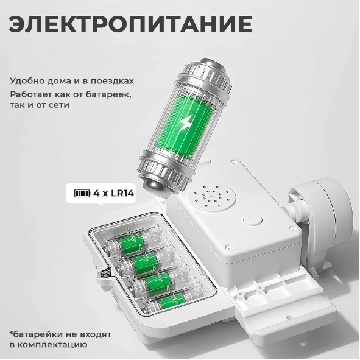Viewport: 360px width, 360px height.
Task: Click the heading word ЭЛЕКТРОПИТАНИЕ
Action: [130, 24]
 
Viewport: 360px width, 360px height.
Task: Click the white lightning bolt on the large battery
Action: [186, 122]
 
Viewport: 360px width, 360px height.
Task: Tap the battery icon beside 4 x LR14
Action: [82, 193]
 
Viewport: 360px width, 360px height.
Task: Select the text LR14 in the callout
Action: [122, 193]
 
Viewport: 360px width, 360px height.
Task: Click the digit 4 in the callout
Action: [96, 193]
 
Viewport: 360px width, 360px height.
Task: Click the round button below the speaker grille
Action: [253, 219]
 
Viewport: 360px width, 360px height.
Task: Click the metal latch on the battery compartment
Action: [105, 274]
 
